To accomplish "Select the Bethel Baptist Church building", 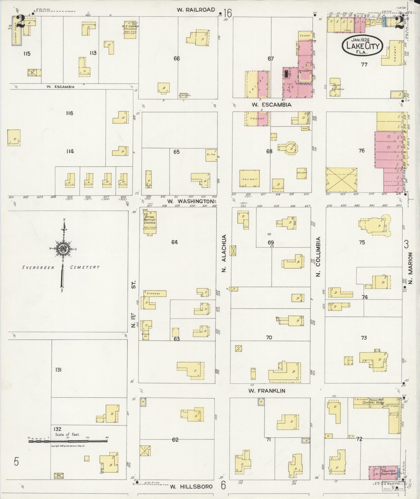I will (x=150, y=223).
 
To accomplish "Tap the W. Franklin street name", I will (x=267, y=391).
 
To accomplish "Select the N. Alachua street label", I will (x=224, y=253).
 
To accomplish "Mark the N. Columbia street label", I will (x=318, y=256).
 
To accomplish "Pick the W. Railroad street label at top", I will (x=196, y=10).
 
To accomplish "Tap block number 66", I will (x=176, y=59).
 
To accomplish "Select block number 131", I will (x=58, y=370).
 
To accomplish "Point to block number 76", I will (x=361, y=151).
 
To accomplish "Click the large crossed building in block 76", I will (x=342, y=180).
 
